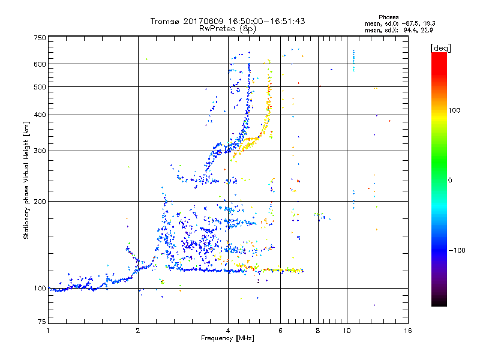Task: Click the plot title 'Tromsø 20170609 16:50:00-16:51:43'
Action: pyautogui.click(x=227, y=21)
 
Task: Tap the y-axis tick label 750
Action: pyautogui.click(x=40, y=37)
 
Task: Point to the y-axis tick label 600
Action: pyautogui.click(x=40, y=64)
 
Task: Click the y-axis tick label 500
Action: pyautogui.click(x=40, y=87)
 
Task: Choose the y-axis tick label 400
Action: pyautogui.click(x=40, y=115)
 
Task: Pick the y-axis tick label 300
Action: pyautogui.click(x=40, y=151)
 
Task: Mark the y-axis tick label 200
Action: pyautogui.click(x=40, y=202)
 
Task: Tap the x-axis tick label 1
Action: pyautogui.click(x=48, y=331)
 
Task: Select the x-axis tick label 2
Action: pyautogui.click(x=138, y=331)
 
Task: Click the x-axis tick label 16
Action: pyautogui.click(x=408, y=331)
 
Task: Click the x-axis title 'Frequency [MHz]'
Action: pyautogui.click(x=227, y=339)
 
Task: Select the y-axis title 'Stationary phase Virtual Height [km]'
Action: pyautogui.click(x=26, y=180)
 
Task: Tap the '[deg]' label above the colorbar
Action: pyautogui.click(x=440, y=47)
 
